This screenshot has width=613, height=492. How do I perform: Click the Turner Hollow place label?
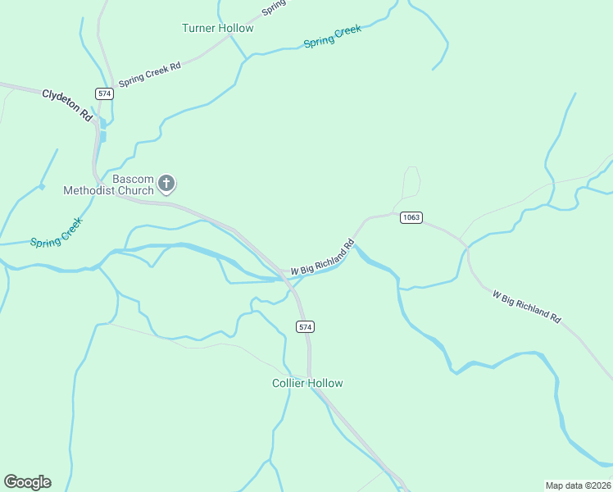[x=217, y=28]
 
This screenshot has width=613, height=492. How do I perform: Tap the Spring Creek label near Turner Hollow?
[x=332, y=36]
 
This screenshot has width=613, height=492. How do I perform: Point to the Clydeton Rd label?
[x=67, y=105]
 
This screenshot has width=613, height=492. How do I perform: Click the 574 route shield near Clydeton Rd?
[x=104, y=93]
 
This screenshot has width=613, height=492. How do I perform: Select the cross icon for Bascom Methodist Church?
[x=166, y=183]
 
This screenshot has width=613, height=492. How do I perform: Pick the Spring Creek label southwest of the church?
[x=57, y=232]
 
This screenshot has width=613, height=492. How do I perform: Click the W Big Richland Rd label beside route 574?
[x=322, y=257]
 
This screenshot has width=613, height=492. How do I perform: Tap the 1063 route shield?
[x=411, y=217]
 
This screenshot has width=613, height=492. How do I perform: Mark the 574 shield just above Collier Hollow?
[x=305, y=326]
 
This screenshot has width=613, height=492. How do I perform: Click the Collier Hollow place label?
[x=307, y=383]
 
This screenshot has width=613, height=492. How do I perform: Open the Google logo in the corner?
[x=27, y=482]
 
